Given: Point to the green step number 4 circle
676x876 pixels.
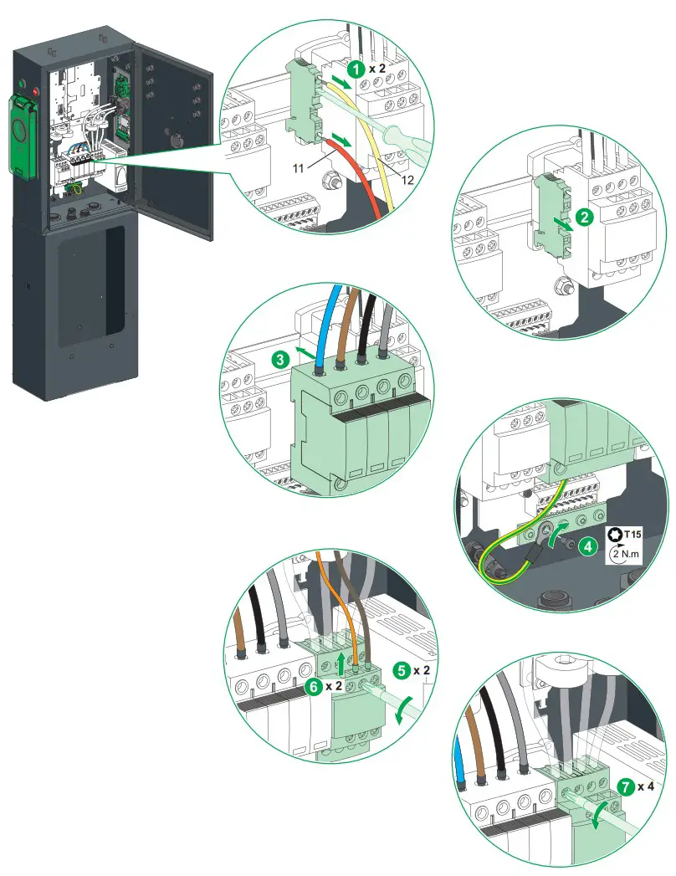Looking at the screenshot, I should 589,546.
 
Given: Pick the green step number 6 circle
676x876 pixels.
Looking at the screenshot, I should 314,686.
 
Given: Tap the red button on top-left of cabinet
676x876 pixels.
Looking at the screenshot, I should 35,85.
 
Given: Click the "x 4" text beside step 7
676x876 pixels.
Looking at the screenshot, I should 646,787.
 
